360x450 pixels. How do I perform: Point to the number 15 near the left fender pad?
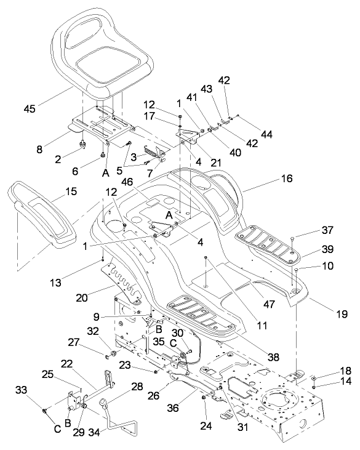tap(71, 193)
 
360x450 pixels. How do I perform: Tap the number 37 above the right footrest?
tap(310, 231)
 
